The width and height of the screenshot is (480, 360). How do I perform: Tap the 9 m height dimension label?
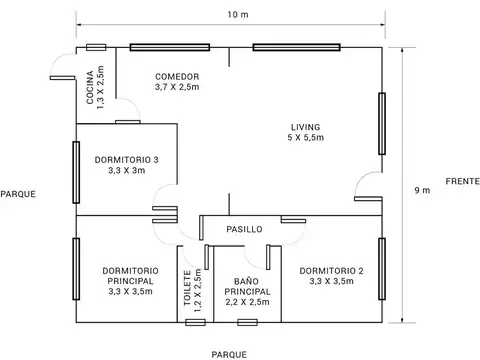[423, 190]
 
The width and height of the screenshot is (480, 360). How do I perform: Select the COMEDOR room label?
[177, 82]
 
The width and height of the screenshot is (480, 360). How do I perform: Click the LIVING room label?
[306, 132]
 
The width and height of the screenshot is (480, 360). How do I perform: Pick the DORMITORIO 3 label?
[127, 164]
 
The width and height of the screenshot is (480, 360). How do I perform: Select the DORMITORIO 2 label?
[330, 275]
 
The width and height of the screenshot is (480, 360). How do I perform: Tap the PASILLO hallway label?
[244, 229]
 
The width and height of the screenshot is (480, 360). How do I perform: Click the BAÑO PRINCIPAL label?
[246, 291]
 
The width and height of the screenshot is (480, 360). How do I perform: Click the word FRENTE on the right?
[461, 181]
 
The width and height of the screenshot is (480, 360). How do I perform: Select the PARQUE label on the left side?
[18, 194]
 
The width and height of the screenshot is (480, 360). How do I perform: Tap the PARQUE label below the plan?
[229, 353]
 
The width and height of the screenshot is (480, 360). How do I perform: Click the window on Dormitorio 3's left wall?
[76, 170]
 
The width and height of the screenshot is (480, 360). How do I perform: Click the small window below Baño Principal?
[246, 322]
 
